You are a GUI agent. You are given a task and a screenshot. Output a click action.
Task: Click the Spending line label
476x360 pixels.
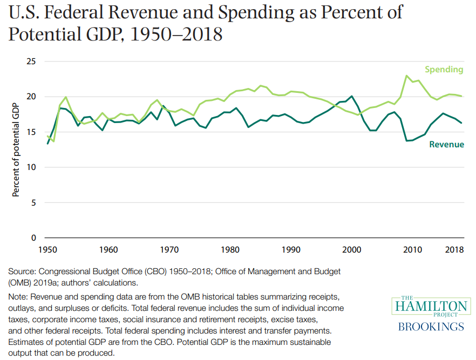tap(444, 70)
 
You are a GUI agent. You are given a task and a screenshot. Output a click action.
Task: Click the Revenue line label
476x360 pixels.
tap(446, 144)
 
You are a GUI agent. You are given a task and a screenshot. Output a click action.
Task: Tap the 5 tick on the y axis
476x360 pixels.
tap(33, 203)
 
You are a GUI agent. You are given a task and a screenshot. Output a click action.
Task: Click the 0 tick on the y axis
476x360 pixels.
tap(33, 238)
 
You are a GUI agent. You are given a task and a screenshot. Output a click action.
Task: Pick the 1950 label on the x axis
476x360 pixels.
tap(47, 250)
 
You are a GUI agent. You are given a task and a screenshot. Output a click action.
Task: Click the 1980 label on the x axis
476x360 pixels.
tap(230, 250)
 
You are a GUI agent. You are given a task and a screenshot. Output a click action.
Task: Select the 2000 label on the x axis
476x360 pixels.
tap(352, 250)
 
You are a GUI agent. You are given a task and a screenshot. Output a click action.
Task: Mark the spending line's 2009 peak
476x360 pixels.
tap(406, 76)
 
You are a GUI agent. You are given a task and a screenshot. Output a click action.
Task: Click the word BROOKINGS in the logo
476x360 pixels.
tap(430, 327)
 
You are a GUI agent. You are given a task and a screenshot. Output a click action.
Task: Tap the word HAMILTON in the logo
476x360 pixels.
tap(430, 307)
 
